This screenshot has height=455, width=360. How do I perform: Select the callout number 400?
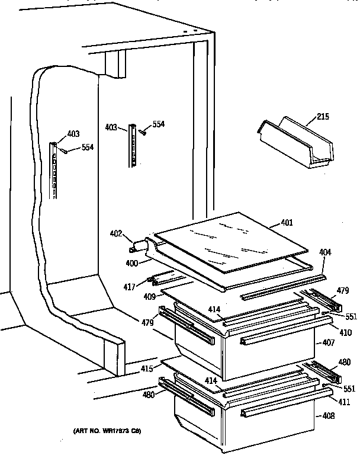pyautogui.click(x=131, y=261)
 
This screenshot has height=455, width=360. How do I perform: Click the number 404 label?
pyautogui.click(x=325, y=252)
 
